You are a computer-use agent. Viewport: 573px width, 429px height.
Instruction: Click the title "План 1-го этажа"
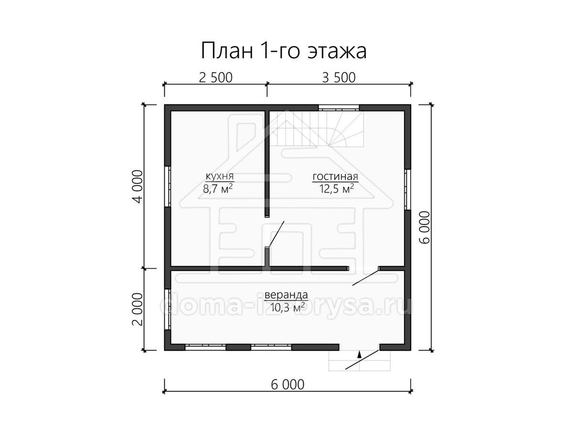pyautogui.click(x=284, y=50)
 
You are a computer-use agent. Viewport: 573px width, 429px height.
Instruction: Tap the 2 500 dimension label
pyautogui.click(x=216, y=78)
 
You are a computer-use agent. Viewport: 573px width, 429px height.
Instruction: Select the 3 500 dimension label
pyautogui.click(x=339, y=78)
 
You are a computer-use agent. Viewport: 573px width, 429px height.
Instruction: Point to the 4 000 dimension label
pyautogui.click(x=138, y=186)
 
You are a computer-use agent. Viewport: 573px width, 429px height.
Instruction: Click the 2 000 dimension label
pyautogui.click(x=138, y=309)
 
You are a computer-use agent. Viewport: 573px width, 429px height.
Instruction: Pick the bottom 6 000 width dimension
pyautogui.click(x=287, y=385)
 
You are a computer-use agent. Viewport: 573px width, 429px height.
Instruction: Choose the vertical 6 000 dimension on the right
pyautogui.click(x=425, y=227)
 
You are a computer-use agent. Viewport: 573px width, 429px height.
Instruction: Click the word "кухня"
pyautogui.click(x=220, y=176)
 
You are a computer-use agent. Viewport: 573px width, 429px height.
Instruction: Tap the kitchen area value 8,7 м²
pyautogui.click(x=218, y=189)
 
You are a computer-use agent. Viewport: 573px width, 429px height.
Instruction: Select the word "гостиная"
pyautogui.click(x=335, y=176)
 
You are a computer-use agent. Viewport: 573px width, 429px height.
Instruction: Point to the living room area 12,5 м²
pyautogui.click(x=337, y=189)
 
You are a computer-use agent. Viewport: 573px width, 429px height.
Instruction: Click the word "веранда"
pyautogui.click(x=286, y=295)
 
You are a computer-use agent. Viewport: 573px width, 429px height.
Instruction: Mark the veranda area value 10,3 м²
pyautogui.click(x=287, y=307)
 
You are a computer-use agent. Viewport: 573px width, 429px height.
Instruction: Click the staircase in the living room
pyautogui.click(x=317, y=129)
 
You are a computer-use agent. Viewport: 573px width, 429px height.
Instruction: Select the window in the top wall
pyautogui.click(x=339, y=108)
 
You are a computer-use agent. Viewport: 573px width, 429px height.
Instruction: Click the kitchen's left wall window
pyautogui.click(x=168, y=186)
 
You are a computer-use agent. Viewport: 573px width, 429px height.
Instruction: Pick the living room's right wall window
pyautogui.click(x=408, y=189)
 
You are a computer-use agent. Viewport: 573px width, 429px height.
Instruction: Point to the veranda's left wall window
pyautogui.click(x=168, y=309)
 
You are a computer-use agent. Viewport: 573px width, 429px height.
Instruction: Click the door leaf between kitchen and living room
pyautogui.click(x=276, y=234)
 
